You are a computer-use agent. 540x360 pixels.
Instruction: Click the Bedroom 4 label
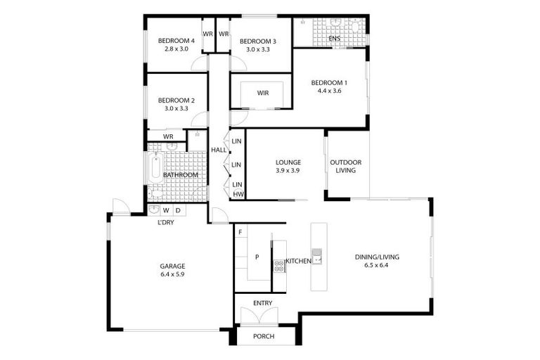[x=176, y=40]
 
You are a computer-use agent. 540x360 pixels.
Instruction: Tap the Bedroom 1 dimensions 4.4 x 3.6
[x=329, y=91]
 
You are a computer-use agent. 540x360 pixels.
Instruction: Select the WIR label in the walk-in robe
[x=263, y=93]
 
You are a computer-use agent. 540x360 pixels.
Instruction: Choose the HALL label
[x=219, y=149]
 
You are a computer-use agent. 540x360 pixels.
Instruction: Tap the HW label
[x=238, y=194]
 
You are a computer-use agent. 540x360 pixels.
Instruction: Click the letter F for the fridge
[x=240, y=232]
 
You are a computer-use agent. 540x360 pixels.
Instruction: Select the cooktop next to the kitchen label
[x=278, y=265]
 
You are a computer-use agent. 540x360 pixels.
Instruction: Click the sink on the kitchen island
[x=317, y=256]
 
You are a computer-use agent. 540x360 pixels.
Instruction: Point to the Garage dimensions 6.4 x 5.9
[x=172, y=274]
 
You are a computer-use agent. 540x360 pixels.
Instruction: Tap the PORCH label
[x=264, y=337]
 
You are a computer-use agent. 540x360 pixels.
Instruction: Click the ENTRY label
[x=263, y=303]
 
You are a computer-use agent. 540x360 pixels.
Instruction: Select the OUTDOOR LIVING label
[x=346, y=166]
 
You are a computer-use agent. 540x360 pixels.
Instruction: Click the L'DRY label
[x=166, y=222]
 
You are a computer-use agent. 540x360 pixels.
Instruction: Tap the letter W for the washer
[x=166, y=210]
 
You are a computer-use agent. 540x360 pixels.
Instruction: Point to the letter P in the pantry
[x=257, y=257]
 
